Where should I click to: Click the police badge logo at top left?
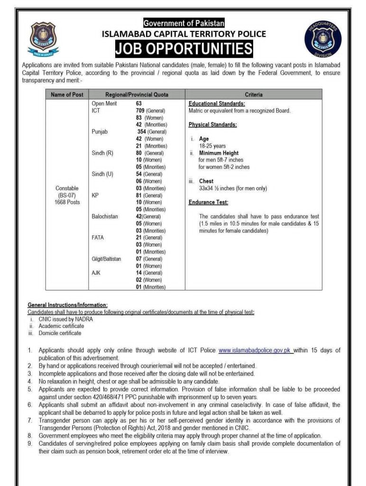click(x=44, y=39)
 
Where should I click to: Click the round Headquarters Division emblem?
click(x=322, y=39)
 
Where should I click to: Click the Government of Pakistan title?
click(x=184, y=23)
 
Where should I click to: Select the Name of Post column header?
click(x=67, y=94)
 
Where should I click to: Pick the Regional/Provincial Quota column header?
click(x=137, y=94)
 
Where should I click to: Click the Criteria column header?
click(x=254, y=94)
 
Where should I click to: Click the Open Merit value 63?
click(x=139, y=103)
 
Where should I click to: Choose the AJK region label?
click(x=96, y=273)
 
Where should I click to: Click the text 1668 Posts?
click(x=67, y=202)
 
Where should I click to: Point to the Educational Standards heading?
click(x=217, y=103)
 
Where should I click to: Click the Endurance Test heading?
click(x=208, y=202)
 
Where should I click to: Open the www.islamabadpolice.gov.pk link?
click(x=255, y=350)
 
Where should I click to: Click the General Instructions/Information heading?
click(x=67, y=305)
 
